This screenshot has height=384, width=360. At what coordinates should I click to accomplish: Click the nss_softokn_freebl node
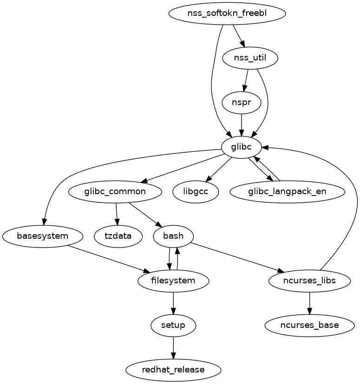point(227,13)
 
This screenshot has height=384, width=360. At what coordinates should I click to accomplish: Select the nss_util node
point(250,58)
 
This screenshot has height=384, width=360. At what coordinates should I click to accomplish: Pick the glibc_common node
point(115,191)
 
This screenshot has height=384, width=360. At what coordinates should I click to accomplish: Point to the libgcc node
point(195,191)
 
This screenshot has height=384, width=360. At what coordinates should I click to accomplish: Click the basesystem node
point(43,236)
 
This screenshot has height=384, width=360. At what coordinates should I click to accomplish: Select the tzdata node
point(118,236)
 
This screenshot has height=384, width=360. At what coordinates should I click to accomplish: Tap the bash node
point(173,236)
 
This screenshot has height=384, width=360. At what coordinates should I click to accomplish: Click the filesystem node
point(173,280)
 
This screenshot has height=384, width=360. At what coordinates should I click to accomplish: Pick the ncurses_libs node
point(309,280)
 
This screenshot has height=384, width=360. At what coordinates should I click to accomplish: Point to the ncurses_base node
point(309,325)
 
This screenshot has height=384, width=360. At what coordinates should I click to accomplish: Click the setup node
point(173,325)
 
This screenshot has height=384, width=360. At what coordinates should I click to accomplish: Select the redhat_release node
point(173,370)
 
